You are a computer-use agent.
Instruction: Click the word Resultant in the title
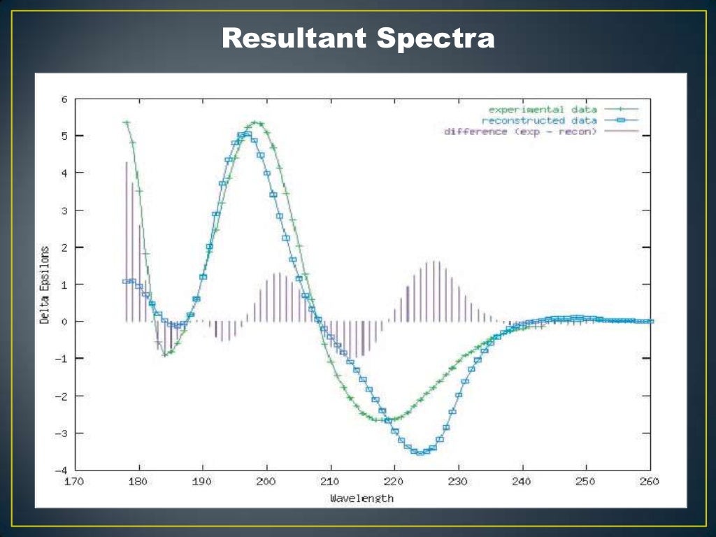(x=294, y=38)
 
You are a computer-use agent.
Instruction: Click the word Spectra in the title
(x=436, y=38)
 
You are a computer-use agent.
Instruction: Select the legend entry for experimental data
(x=543, y=110)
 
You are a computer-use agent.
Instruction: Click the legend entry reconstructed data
(x=539, y=120)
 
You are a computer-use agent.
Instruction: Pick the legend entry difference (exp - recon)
(x=520, y=131)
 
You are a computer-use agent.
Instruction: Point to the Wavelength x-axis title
(x=361, y=499)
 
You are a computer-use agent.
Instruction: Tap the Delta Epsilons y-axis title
(x=45, y=285)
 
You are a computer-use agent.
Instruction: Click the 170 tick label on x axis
(x=75, y=482)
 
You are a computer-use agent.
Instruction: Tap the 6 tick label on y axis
(x=64, y=99)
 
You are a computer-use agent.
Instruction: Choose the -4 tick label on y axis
(x=62, y=470)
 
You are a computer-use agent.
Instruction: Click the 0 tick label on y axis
(x=64, y=322)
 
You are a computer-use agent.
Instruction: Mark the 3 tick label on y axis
(x=64, y=210)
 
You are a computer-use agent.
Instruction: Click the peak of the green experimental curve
(x=257, y=123)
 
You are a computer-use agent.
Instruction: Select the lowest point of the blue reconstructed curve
(x=420, y=453)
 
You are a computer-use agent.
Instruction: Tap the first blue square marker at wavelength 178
(x=126, y=281)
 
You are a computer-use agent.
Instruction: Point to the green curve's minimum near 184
(x=165, y=355)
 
